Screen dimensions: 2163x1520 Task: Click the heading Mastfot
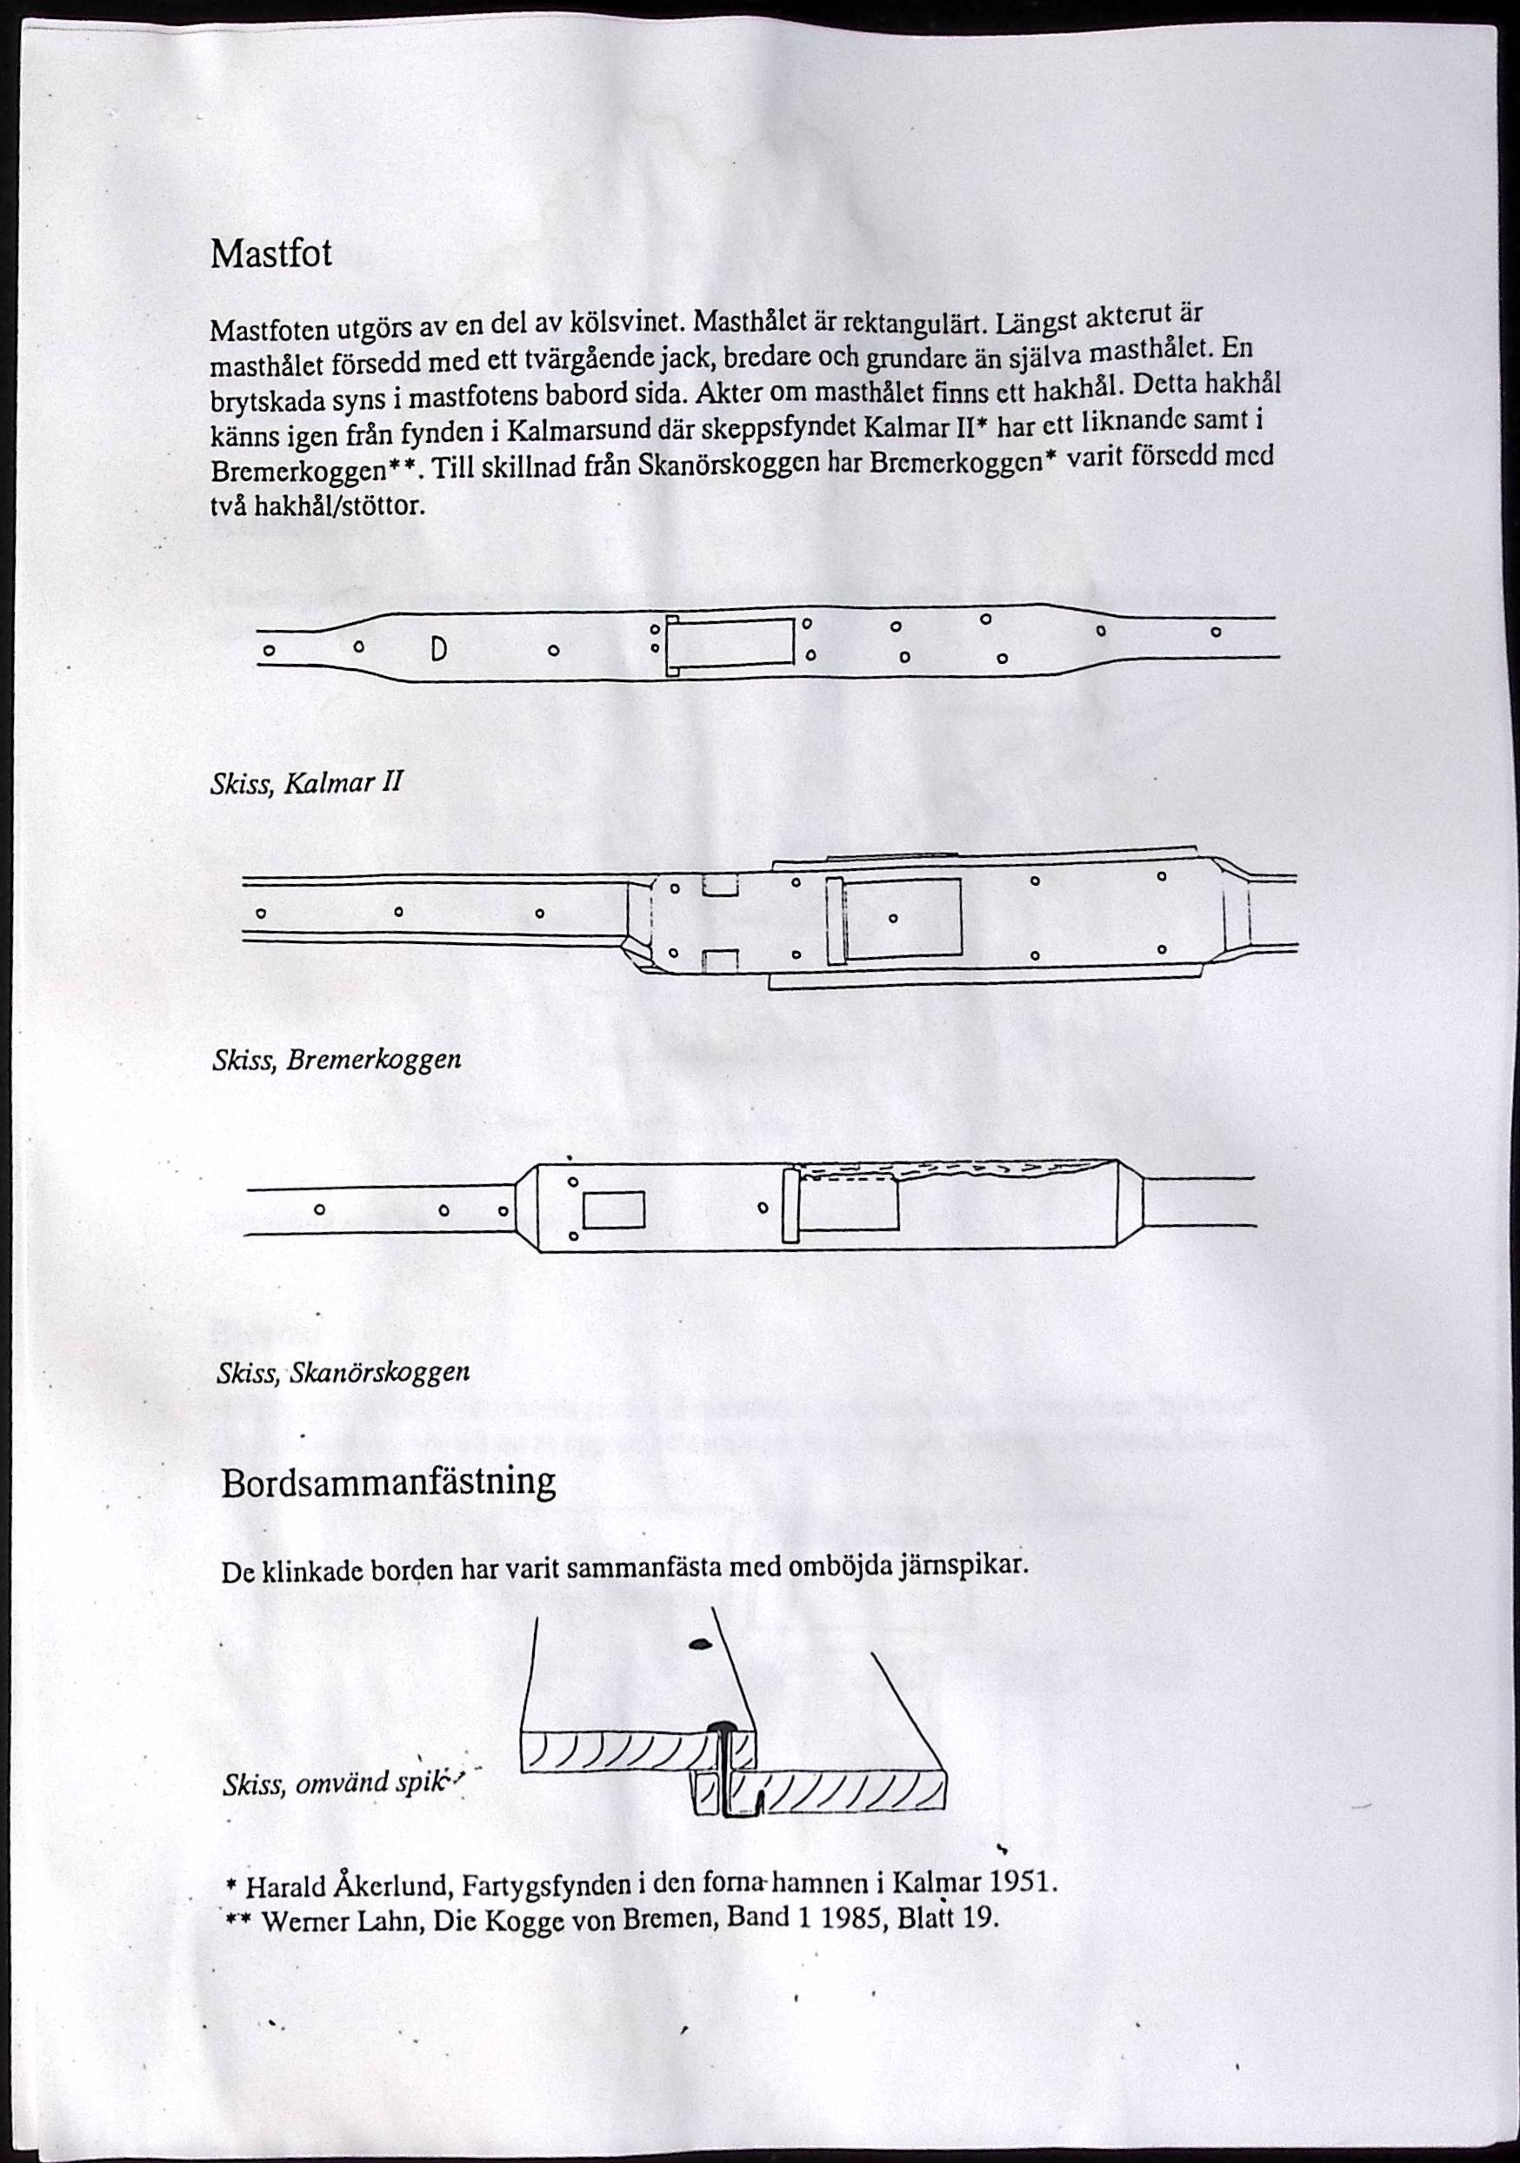tap(271, 254)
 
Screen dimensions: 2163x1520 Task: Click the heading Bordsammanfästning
tap(388, 1482)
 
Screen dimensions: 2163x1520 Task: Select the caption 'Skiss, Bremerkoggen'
tap(337, 1060)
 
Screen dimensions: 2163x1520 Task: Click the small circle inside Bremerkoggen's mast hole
tap(893, 917)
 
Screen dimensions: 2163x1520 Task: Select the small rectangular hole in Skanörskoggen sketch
tap(613, 1210)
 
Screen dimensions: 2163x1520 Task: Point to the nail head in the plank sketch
tap(723, 1727)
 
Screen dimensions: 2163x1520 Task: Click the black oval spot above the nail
tap(699, 1644)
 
